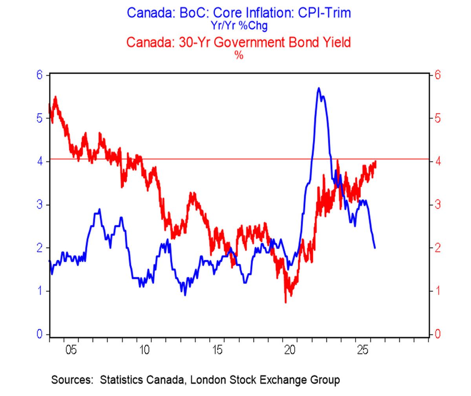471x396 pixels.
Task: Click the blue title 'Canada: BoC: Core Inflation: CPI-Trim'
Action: (239, 13)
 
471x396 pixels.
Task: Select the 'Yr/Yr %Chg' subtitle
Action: (239, 26)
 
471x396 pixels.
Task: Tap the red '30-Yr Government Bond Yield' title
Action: (265, 42)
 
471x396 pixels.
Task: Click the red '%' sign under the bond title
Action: (239, 55)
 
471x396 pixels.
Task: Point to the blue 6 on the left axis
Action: (40, 75)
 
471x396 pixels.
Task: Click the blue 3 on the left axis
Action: (40, 205)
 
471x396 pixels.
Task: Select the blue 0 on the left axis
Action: (40, 334)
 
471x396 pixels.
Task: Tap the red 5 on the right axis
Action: (438, 119)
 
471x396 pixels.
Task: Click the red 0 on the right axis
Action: (438, 334)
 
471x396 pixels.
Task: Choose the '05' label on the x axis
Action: (71, 350)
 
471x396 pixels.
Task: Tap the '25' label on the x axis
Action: (363, 350)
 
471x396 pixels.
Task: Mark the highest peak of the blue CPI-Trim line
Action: (318, 88)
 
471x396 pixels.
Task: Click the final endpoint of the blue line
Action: (375, 248)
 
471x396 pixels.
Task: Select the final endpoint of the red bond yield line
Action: (376, 161)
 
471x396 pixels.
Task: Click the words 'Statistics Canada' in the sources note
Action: (142, 380)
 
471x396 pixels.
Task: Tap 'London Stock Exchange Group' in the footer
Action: (265, 380)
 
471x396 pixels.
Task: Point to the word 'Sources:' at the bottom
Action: (72, 380)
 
